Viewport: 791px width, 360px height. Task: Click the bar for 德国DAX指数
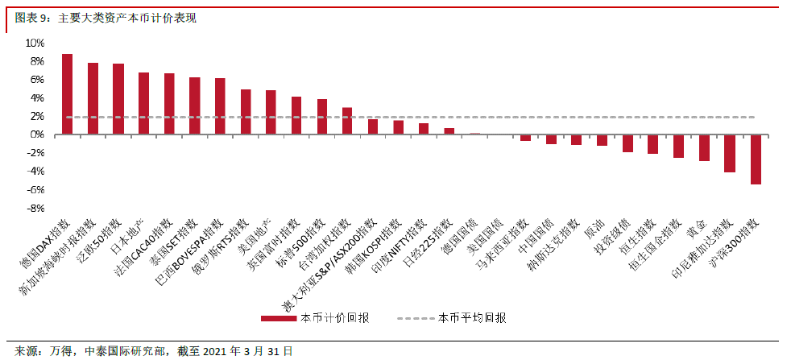click(x=67, y=94)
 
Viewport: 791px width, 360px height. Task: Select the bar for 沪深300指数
click(x=756, y=159)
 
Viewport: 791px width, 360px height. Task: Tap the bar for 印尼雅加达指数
click(x=730, y=153)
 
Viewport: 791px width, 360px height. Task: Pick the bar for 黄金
click(x=704, y=147)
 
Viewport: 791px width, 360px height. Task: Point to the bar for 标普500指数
click(x=322, y=117)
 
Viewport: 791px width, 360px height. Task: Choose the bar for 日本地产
click(x=143, y=103)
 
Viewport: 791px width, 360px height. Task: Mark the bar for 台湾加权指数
click(x=348, y=121)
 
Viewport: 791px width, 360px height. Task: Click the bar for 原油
click(x=603, y=140)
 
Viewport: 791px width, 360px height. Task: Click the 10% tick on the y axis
click(x=35, y=43)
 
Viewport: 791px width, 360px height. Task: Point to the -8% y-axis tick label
click(x=35, y=209)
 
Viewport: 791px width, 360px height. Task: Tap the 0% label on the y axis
click(x=38, y=134)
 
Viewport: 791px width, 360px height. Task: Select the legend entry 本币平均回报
click(x=452, y=318)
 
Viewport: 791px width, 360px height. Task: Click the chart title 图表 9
click(x=32, y=19)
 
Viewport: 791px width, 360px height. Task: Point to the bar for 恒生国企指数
click(x=679, y=147)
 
